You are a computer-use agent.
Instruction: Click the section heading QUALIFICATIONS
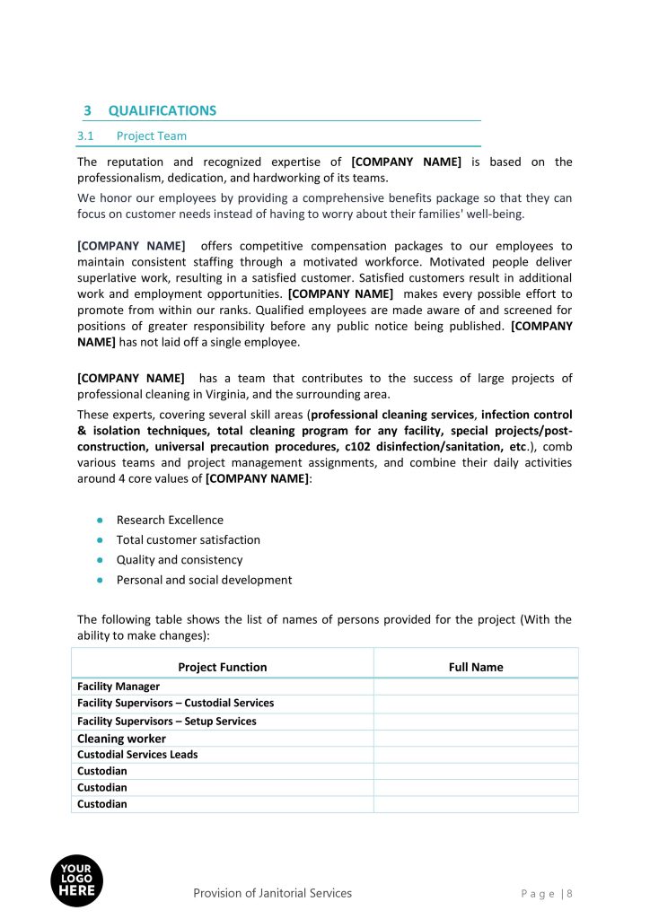162,110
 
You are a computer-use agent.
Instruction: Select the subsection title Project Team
151,136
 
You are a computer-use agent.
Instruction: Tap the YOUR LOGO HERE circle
76,880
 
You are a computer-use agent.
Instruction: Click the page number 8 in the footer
569,894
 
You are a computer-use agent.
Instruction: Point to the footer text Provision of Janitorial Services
272,893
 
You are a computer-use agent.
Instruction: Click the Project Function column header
222,667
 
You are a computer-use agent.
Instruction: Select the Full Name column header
475,667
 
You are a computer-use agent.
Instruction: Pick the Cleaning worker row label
121,739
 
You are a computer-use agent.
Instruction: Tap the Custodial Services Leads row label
137,755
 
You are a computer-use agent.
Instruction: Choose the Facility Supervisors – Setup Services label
166,722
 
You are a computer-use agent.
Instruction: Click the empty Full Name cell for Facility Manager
475,687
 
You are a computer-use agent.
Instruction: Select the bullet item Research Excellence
170,520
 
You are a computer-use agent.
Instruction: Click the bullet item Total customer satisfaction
188,539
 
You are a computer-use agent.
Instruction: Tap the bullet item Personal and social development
204,580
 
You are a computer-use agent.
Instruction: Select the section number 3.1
86,136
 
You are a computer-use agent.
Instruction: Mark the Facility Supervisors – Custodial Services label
175,704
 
